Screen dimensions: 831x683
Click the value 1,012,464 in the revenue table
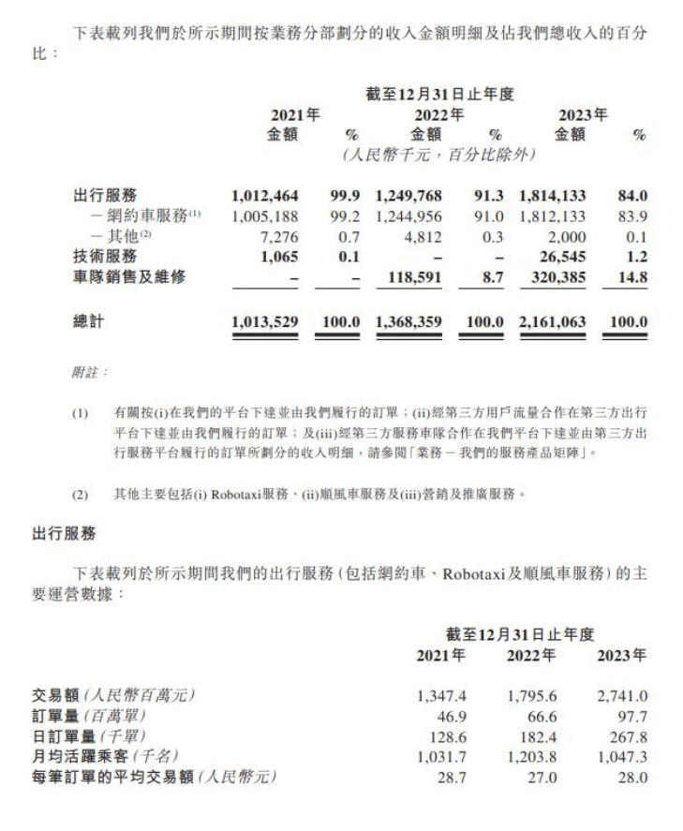coord(264,196)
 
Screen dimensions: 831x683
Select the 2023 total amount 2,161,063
coord(552,322)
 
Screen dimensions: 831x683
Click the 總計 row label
coord(89,322)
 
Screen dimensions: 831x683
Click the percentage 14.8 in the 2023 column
coord(634,278)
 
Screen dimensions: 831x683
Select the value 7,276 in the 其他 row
coord(279,236)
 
